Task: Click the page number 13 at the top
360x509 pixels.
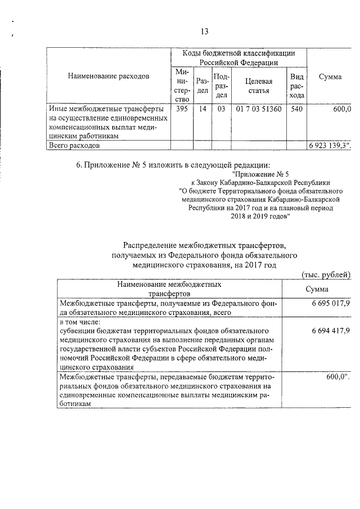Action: [x=205, y=31]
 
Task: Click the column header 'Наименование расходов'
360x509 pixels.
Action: [x=109, y=76]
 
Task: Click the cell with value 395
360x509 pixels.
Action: [x=182, y=109]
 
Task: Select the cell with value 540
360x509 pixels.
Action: [x=296, y=109]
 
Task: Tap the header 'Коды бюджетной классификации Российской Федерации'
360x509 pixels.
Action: [x=239, y=57]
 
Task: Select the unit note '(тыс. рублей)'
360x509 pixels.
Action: [x=326, y=274]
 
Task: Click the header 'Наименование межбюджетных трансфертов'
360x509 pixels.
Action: [x=169, y=289]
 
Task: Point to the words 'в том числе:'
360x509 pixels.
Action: [x=79, y=322]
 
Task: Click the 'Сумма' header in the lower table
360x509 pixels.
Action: [x=317, y=289]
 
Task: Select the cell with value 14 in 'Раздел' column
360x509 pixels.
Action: [x=202, y=109]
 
